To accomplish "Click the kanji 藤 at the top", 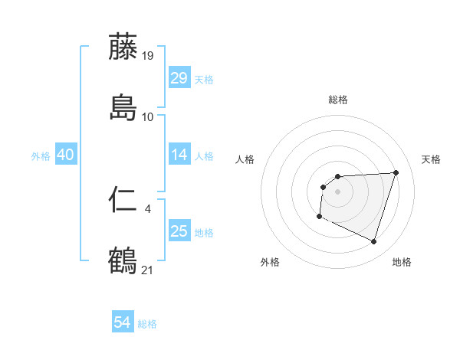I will (x=123, y=47).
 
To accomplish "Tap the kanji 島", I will (x=123, y=108).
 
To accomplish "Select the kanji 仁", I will (x=123, y=200).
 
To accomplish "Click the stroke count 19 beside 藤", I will (x=148, y=55).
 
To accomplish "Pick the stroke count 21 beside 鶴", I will (x=148, y=270).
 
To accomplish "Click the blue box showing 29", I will (x=179, y=78).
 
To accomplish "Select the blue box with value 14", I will (x=179, y=155).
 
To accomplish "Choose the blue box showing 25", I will (x=179, y=231).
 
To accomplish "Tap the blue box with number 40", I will (x=65, y=155).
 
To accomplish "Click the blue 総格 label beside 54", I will (x=147, y=324).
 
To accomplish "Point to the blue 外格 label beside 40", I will (x=41, y=156).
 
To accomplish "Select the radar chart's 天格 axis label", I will (x=431, y=159).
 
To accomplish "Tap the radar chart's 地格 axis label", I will (x=402, y=262).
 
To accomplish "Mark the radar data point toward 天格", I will (x=396, y=172).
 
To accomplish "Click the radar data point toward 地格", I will (x=373, y=242).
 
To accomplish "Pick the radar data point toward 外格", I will (x=319, y=217).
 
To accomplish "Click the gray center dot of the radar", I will (x=337, y=191).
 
